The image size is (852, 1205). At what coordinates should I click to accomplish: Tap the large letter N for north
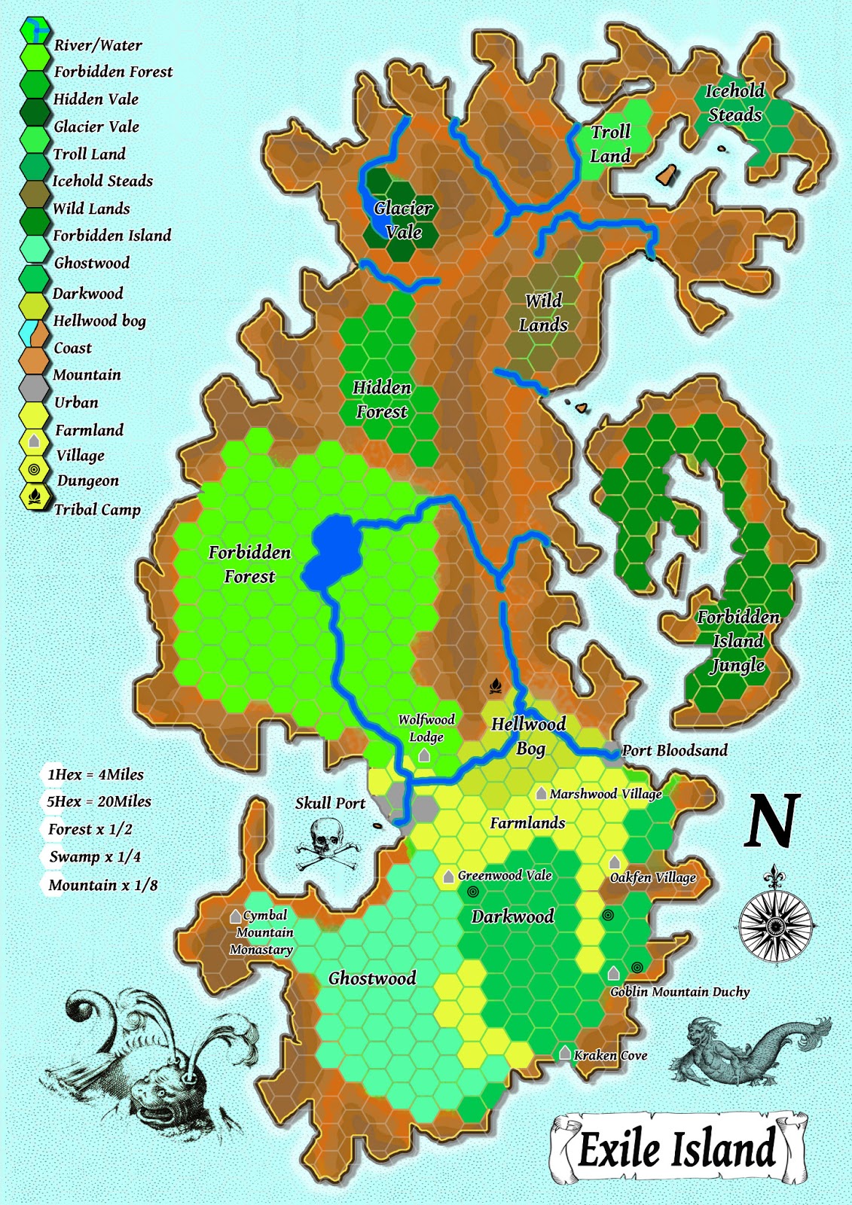click(x=772, y=821)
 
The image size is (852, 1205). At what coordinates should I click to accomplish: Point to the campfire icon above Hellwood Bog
click(x=495, y=685)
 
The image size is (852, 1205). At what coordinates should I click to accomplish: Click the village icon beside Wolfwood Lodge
click(x=424, y=755)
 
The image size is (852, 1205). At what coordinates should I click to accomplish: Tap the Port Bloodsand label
click(x=675, y=750)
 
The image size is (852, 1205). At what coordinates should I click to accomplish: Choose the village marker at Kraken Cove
click(x=565, y=1052)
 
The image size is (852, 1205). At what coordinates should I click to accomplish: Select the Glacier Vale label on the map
click(x=403, y=219)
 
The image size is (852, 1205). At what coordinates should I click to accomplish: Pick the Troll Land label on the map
click(x=610, y=143)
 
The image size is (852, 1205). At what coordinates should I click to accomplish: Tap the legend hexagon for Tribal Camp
click(x=34, y=496)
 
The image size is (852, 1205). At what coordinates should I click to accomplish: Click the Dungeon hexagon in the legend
click(x=34, y=469)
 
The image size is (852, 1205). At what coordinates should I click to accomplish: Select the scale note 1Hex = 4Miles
click(x=95, y=775)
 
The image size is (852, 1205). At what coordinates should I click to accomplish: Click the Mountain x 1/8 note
click(x=102, y=885)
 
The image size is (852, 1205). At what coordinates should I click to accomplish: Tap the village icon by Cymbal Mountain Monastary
click(x=236, y=917)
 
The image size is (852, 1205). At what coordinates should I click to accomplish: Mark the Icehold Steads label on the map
click(x=734, y=102)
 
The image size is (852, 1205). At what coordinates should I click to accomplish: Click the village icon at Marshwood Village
click(x=541, y=793)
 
